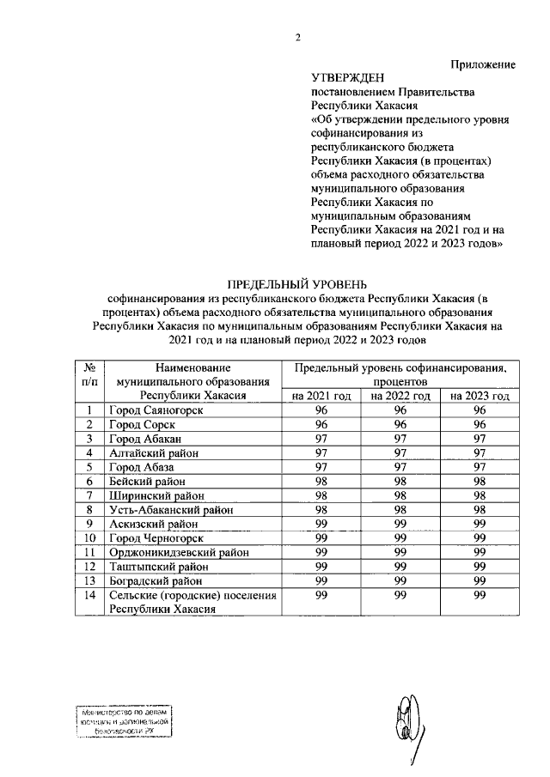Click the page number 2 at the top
[299, 37]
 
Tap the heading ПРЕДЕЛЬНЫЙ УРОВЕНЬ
[296, 283]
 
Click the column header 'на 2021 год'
[321, 397]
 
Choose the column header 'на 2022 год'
[400, 397]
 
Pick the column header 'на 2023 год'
[479, 397]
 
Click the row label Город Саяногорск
[156, 410]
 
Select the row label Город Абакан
[144, 439]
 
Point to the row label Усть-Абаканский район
[166, 509]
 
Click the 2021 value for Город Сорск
[321, 425]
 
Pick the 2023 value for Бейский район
[479, 481]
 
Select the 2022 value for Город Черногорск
[400, 537]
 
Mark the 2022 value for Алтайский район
[400, 452]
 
